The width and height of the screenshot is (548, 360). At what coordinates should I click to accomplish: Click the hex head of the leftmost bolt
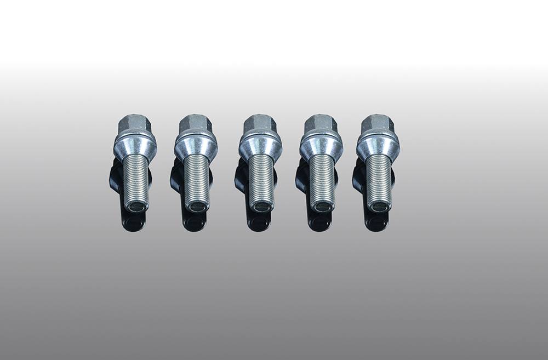(x=134, y=124)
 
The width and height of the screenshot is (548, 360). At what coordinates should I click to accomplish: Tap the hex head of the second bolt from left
(x=195, y=124)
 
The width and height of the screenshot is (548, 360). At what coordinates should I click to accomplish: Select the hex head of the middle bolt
(x=259, y=124)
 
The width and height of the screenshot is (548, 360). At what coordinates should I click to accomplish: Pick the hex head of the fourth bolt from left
(x=321, y=124)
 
